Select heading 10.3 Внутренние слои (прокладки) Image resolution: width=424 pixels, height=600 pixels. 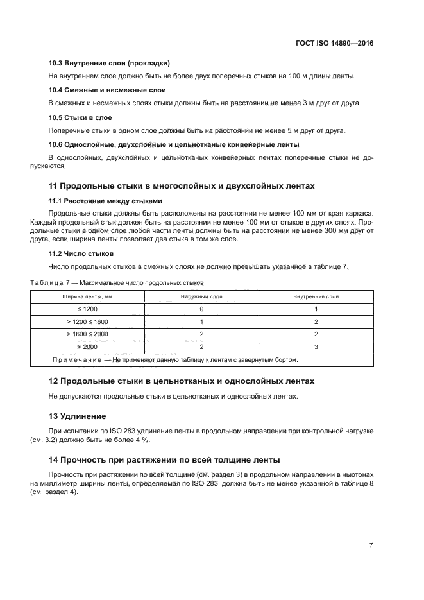coord(109,64)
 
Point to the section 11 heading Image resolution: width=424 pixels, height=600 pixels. coord(182,186)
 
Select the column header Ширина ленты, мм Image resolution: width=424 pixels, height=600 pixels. coord(87,297)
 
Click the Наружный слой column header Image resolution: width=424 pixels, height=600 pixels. coord(201,297)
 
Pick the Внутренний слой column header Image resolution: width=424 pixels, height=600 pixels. coord(316,297)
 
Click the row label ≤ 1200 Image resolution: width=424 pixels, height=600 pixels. coord(87,309)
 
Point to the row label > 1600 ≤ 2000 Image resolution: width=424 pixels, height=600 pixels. coord(87,334)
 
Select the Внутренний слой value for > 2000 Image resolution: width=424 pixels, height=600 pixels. coord(316,347)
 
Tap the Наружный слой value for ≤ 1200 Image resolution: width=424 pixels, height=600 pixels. coord(201,309)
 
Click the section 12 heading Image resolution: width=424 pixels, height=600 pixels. coord(182,381)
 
